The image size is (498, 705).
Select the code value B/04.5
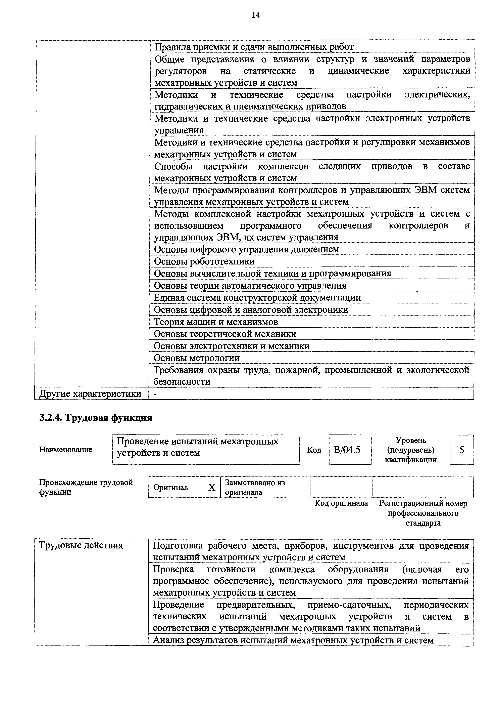point(347,450)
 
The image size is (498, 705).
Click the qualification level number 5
point(461,450)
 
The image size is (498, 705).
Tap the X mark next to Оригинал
point(212,487)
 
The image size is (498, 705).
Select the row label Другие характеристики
point(90,394)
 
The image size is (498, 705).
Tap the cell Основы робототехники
point(204,261)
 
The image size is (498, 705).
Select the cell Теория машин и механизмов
point(216,322)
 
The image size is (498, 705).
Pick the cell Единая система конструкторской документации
point(257,298)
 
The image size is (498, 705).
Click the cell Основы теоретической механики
point(225,334)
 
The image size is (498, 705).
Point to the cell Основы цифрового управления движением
point(246,249)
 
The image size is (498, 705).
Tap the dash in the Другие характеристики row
point(155,394)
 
